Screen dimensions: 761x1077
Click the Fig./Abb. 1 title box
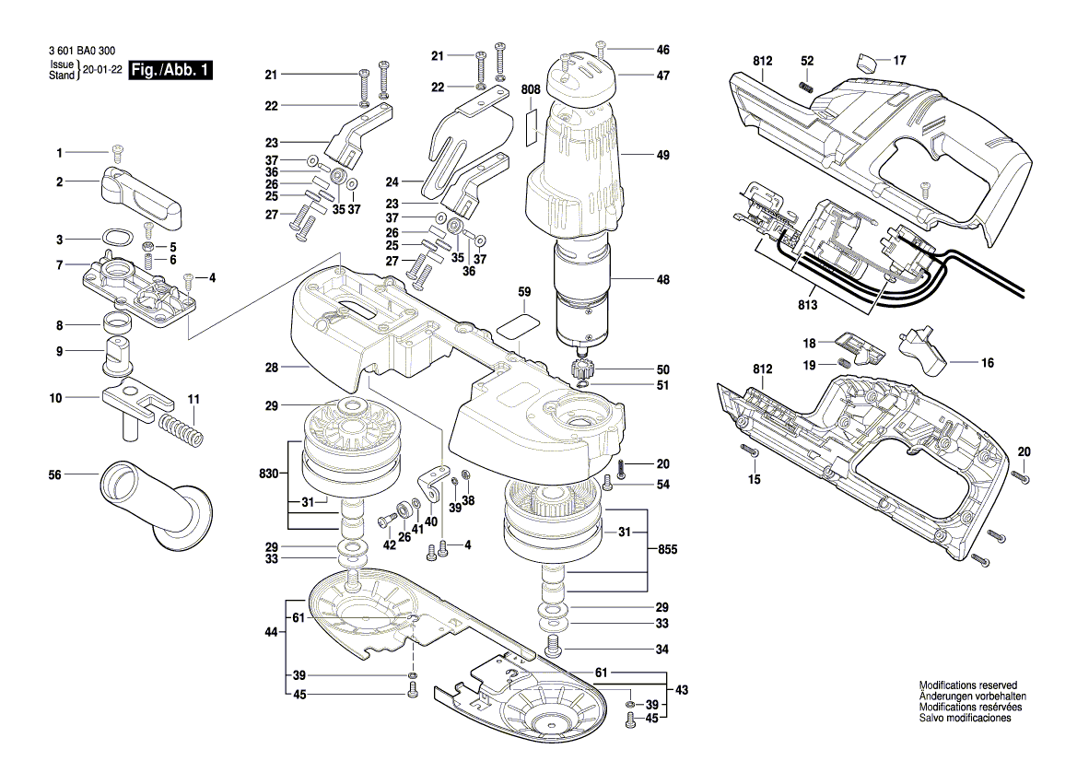171,71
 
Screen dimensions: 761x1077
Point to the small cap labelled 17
865,63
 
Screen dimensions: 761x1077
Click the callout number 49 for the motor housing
663,156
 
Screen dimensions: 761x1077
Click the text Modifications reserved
967,685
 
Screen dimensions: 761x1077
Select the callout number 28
271,368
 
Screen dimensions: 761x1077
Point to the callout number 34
661,649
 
